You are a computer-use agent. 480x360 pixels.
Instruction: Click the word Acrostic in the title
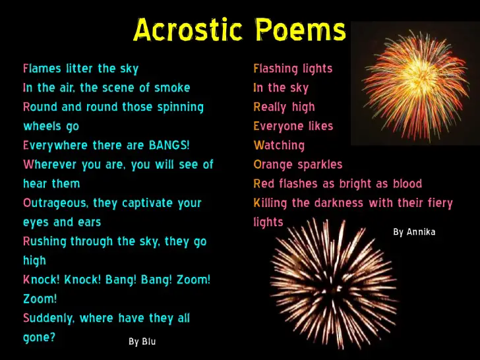tap(188, 30)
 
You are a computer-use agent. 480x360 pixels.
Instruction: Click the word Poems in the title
tap(300, 30)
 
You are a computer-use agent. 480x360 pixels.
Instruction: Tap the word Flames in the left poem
tap(42, 69)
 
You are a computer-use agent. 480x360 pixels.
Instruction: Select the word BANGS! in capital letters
tap(169, 145)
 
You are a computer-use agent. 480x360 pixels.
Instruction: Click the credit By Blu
tap(142, 342)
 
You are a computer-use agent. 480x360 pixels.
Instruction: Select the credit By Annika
tap(414, 231)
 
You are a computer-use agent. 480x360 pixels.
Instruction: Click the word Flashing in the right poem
tap(271, 69)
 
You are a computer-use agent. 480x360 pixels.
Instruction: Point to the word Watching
tap(279, 146)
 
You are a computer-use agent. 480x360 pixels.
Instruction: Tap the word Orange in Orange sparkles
tap(273, 165)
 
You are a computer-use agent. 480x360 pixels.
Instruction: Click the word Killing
tap(270, 203)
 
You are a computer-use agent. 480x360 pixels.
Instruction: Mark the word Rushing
tap(45, 241)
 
